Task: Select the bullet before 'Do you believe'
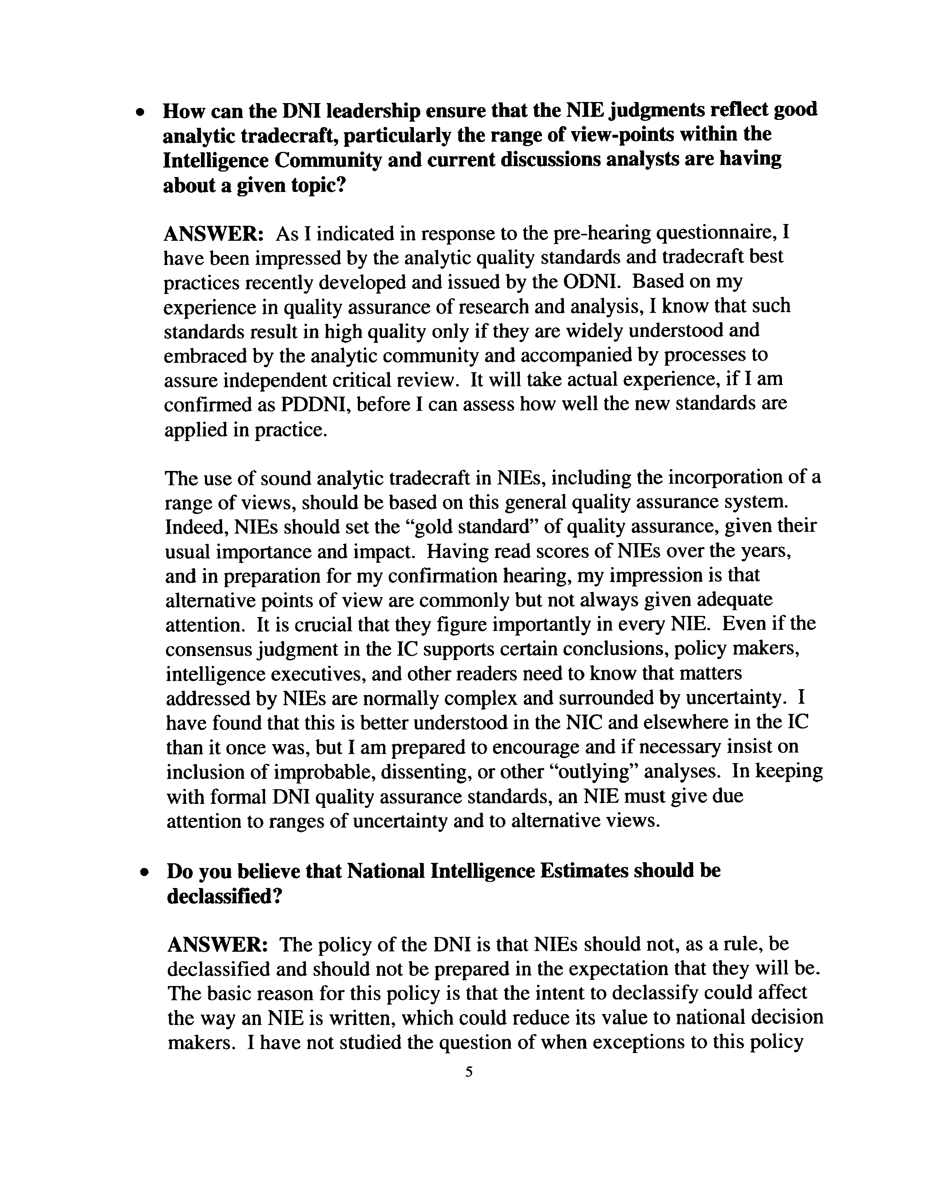(x=144, y=873)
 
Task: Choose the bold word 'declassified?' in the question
(x=225, y=897)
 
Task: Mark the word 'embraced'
(x=205, y=356)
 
